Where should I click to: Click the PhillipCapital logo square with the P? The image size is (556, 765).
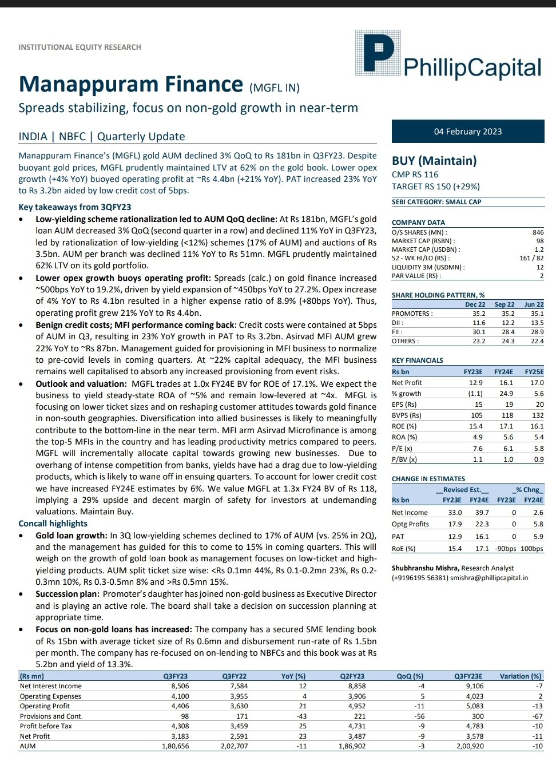375,53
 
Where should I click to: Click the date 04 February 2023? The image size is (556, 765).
467,132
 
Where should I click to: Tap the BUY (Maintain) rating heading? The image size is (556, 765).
434,161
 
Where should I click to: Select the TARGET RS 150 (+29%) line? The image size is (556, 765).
436,187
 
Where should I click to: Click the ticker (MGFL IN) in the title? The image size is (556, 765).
275,88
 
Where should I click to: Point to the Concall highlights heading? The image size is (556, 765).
53,524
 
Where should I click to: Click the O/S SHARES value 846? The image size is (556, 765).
538,232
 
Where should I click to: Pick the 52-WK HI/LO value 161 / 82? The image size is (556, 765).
531,258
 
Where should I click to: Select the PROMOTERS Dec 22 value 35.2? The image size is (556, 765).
478,314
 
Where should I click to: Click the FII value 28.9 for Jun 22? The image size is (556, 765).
537,332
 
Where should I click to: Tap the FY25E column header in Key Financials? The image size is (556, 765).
534,372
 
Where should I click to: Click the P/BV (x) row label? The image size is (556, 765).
404,459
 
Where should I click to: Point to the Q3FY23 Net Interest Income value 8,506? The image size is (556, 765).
180,686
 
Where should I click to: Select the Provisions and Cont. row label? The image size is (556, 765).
51,716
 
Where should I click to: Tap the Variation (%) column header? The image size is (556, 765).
520,676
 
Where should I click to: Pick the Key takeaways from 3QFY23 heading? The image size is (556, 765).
74,207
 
